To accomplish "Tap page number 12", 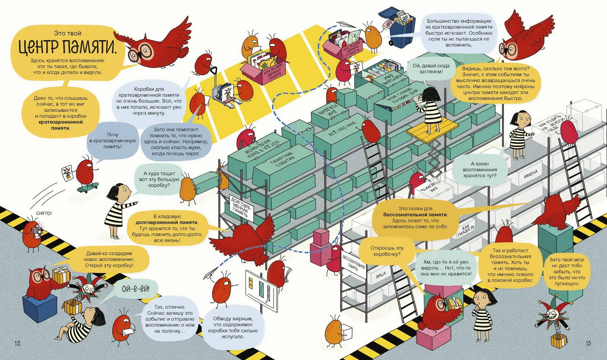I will [17, 343].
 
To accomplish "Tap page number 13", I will [588, 343].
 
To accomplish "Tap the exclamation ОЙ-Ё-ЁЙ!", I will [135, 289].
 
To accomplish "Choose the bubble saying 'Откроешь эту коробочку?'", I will [387, 251].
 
